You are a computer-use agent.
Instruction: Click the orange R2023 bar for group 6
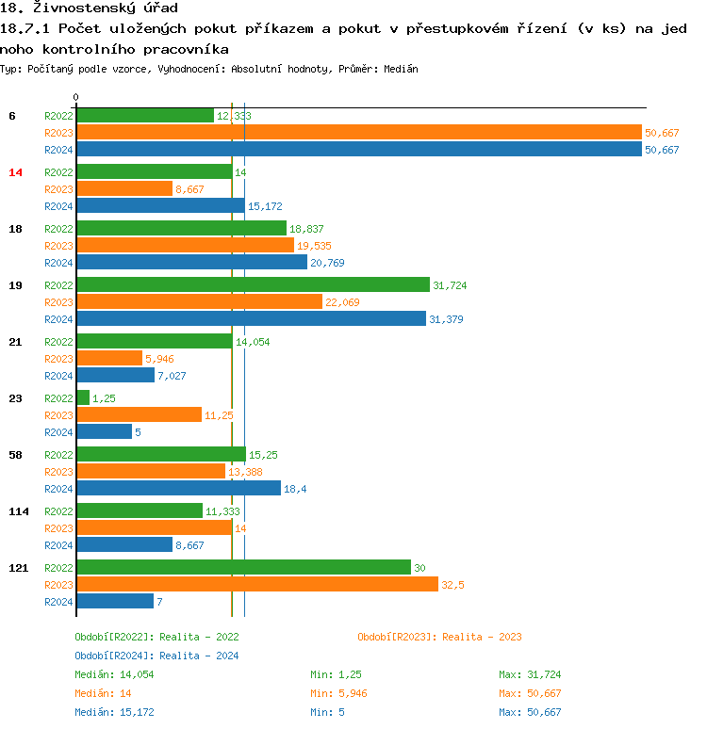tap(358, 133)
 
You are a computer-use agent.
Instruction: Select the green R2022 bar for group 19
tap(252, 284)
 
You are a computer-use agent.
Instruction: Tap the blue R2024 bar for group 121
tap(115, 601)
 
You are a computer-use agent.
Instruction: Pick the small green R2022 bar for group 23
tap(83, 397)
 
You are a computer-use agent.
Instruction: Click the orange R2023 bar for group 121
tap(257, 584)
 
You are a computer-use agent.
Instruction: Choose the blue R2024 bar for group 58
tap(178, 488)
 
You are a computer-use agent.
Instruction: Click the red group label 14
tap(15, 172)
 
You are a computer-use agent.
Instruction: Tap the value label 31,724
tap(450, 285)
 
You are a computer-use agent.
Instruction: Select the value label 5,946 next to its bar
tap(159, 359)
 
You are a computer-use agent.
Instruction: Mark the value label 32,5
tap(452, 585)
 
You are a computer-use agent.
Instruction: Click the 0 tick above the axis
tap(76, 97)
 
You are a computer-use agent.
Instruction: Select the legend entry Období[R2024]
tap(113, 656)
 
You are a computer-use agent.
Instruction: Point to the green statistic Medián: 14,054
tap(114, 674)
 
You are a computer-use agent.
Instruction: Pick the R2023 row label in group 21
tap(58, 359)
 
